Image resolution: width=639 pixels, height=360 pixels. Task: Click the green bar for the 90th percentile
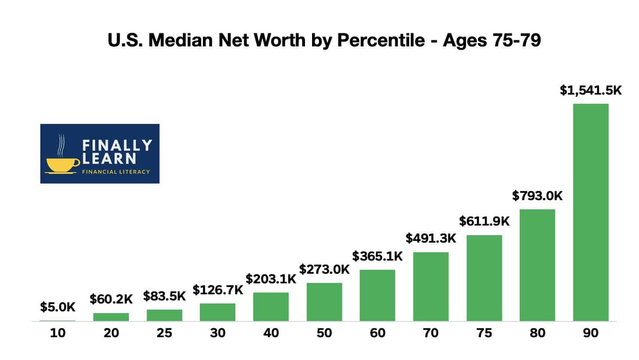(x=590, y=212)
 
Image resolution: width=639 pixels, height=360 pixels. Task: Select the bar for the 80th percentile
(x=537, y=265)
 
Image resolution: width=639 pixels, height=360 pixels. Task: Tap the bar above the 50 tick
(x=324, y=302)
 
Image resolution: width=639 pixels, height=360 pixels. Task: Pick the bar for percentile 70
(x=430, y=286)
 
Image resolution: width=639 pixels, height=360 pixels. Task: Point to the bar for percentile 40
(x=271, y=307)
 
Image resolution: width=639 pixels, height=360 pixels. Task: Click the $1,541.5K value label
(x=590, y=90)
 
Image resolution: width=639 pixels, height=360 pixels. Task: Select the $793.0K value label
(x=537, y=196)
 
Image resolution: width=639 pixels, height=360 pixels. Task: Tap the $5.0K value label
(x=57, y=307)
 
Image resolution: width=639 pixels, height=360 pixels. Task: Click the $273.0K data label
(x=324, y=269)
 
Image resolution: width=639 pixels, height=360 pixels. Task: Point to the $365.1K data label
(x=377, y=256)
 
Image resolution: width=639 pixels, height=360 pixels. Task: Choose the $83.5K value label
(x=164, y=296)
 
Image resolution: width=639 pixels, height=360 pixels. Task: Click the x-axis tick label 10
(x=57, y=333)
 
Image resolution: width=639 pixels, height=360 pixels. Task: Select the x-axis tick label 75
(x=484, y=333)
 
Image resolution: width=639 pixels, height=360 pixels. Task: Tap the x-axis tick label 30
(x=217, y=333)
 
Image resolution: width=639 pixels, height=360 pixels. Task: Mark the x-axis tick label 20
(x=111, y=333)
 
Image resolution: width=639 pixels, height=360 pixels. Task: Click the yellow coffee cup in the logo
(x=62, y=164)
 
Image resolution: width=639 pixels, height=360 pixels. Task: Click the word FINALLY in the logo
(x=117, y=145)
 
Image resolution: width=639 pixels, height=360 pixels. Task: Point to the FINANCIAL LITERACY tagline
(x=116, y=172)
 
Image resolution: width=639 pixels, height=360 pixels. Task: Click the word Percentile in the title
(x=381, y=40)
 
